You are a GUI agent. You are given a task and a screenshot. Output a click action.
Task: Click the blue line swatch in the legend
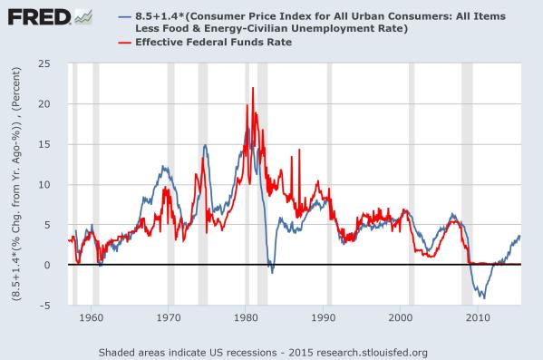(x=126, y=15)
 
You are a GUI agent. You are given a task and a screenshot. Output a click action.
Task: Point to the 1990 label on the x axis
(x=324, y=319)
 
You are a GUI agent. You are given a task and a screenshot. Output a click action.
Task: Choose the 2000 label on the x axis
(x=401, y=319)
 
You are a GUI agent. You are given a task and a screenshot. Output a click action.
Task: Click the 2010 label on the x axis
(x=478, y=319)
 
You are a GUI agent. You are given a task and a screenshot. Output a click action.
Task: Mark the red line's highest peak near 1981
(x=253, y=88)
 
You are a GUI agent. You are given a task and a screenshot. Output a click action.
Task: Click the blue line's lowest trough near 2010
(x=483, y=297)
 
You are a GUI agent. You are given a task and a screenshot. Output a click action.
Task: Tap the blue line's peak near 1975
(x=205, y=145)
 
